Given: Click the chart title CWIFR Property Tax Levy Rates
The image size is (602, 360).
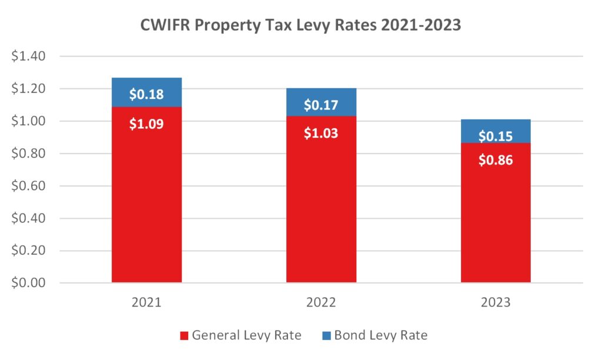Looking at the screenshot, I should (301, 26).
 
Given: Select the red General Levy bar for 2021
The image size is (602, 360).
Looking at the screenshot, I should (146, 200).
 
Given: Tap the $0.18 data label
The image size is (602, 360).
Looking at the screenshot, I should (146, 94).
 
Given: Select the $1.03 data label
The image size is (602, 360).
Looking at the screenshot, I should (321, 133).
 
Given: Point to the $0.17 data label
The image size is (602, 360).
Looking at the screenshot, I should (321, 106).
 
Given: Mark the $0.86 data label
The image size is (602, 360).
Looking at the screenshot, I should (496, 159).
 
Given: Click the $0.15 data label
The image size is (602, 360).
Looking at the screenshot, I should (496, 136).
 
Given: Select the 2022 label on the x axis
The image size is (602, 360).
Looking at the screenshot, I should (321, 303).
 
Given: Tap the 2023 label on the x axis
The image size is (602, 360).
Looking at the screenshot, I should (496, 303).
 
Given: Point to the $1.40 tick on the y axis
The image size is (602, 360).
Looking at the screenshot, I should (29, 56).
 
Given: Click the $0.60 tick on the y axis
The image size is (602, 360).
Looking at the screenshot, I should (29, 186).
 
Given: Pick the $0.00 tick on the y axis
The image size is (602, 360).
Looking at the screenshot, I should (29, 283).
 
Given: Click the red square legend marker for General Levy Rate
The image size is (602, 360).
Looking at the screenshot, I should (183, 336).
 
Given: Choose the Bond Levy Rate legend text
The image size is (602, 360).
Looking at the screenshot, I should (380, 336).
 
